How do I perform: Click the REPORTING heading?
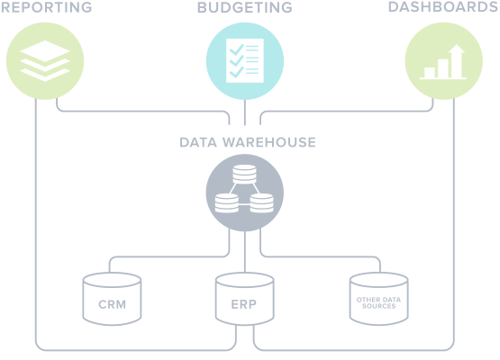46,7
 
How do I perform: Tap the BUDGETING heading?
244,7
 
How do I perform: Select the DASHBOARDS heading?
443,7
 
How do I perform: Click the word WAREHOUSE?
269,142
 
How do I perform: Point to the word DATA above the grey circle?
198,142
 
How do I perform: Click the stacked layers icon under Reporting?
45,60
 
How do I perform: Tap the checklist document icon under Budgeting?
245,60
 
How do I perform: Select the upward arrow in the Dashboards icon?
457,61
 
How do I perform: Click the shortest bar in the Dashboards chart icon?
430,73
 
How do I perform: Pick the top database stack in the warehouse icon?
244,174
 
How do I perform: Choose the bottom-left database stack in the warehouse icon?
227,202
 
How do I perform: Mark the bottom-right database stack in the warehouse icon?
261,202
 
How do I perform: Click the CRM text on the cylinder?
112,304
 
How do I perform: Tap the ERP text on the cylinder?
244,304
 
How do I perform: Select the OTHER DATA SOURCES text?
378,302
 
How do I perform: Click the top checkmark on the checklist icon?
237,49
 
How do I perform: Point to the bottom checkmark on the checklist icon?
237,72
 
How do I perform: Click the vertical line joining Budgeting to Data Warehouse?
245,112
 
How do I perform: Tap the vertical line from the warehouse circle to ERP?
245,252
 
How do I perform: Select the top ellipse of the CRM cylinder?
112,280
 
